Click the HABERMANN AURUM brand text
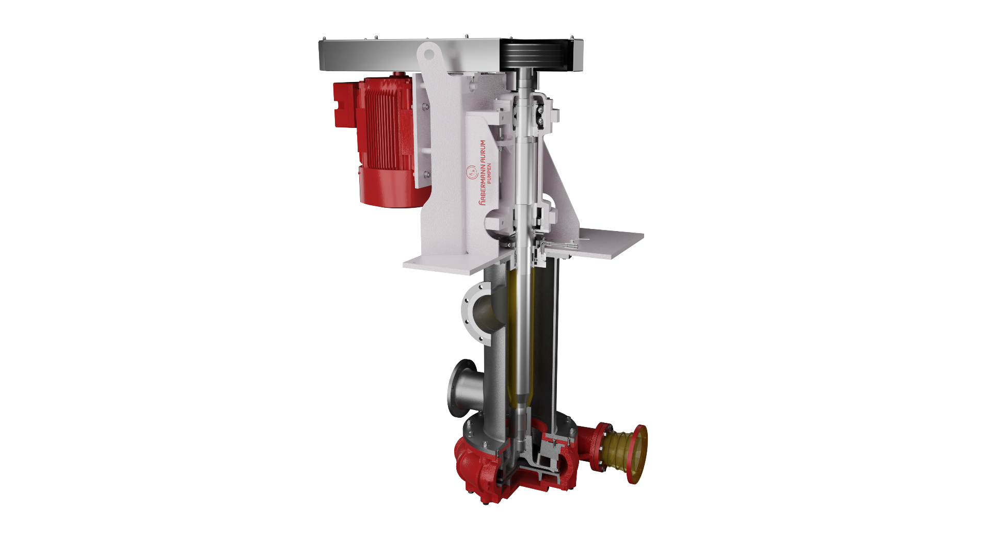[483, 172]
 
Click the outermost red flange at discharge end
[638, 454]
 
